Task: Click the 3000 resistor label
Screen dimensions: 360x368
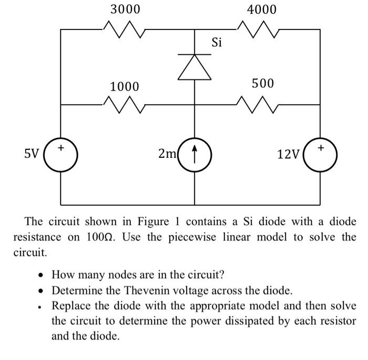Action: click(125, 9)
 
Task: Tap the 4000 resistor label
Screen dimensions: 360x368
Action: click(261, 9)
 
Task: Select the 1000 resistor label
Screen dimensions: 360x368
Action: click(125, 86)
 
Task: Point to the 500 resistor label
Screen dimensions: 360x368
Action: click(262, 84)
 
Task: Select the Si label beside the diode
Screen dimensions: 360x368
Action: click(217, 42)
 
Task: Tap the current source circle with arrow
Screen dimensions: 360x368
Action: click(195, 154)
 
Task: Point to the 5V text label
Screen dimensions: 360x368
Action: click(32, 154)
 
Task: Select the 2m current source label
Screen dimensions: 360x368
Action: click(168, 154)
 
